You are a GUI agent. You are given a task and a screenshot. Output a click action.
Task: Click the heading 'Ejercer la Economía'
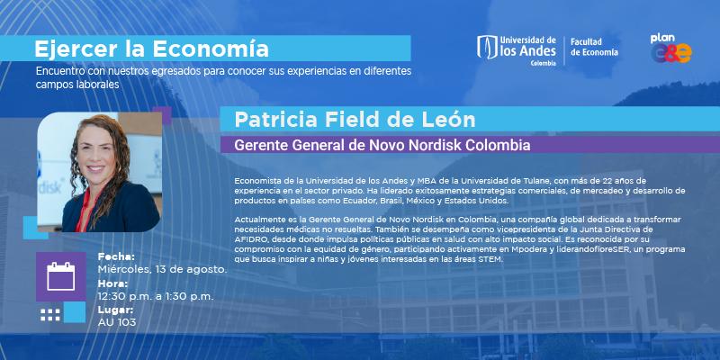(x=151, y=49)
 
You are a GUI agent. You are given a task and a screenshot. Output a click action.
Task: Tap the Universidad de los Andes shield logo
(x=487, y=48)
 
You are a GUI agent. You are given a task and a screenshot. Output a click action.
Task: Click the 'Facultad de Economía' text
(x=594, y=48)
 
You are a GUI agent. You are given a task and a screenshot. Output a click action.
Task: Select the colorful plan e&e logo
(x=670, y=49)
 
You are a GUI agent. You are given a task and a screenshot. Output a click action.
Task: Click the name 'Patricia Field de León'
(x=355, y=120)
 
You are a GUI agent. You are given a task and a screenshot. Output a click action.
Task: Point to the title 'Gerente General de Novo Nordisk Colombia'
(x=382, y=145)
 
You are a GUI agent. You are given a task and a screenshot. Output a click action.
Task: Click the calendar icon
(x=60, y=276)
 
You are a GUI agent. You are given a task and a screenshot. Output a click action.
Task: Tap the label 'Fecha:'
(x=116, y=256)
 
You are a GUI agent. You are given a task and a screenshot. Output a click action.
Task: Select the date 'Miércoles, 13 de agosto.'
(x=163, y=269)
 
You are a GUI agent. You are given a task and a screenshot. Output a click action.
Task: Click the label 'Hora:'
(x=113, y=283)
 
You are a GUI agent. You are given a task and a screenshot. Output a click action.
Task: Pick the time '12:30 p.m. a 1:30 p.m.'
(x=156, y=297)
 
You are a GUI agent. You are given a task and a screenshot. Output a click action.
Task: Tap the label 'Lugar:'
(x=116, y=310)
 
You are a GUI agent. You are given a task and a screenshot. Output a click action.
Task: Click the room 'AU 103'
(x=117, y=322)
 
